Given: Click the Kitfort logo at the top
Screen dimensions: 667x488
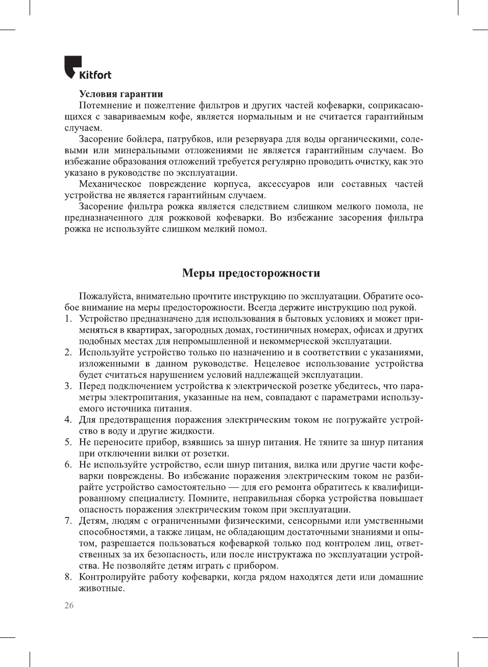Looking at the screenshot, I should click(87, 68).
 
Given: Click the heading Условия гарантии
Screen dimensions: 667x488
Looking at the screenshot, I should click(121, 94).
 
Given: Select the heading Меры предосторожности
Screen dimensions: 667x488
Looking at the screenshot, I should click(251, 273).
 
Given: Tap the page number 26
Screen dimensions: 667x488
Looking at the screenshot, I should click(69, 605).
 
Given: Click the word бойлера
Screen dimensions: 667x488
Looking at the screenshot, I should click(138, 139).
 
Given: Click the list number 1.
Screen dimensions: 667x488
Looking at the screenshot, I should click(68, 319).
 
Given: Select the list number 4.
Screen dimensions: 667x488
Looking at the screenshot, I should click(68, 420).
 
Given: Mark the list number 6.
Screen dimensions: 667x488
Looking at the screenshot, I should click(68, 465).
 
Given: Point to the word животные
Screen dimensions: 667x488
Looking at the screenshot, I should click(102, 588).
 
